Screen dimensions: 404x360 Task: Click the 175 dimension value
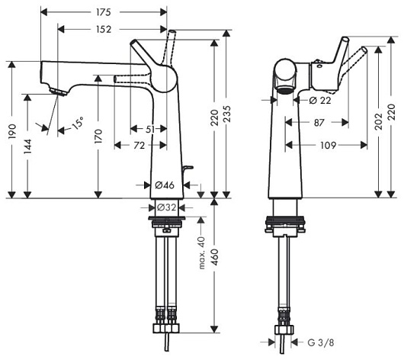point(104,12)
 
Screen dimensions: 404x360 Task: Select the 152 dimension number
point(104,30)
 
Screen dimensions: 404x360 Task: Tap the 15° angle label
point(77,123)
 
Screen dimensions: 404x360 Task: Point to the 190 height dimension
point(12,131)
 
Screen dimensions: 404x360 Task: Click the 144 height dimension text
point(27,146)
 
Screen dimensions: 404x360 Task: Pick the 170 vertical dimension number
point(98,137)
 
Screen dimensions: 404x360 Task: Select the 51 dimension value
point(150,129)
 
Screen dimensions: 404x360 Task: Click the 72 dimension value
point(139,146)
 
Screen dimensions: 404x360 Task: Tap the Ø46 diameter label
point(165,185)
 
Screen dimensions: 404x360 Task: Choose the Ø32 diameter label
point(166,207)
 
